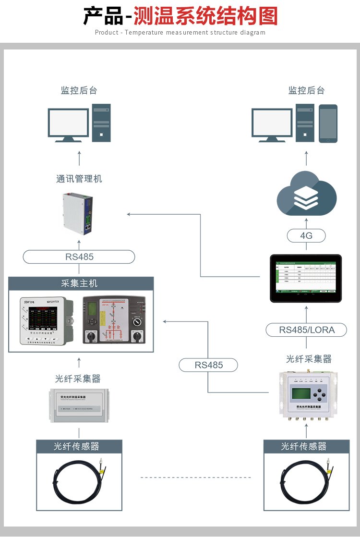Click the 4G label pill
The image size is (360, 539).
click(x=306, y=235)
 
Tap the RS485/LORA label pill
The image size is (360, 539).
click(x=307, y=330)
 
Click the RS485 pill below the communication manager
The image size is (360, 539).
click(x=79, y=257)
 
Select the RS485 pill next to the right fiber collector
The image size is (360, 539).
click(x=209, y=365)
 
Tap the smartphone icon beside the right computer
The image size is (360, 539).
click(x=328, y=123)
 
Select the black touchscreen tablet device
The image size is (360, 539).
click(x=306, y=279)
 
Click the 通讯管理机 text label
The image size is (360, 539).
click(x=79, y=179)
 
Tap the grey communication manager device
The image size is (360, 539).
click(x=79, y=213)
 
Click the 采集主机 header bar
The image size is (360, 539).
click(x=81, y=283)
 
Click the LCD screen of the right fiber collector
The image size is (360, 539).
click(x=298, y=393)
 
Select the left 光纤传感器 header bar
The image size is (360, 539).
click(x=79, y=447)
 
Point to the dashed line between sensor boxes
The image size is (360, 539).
click(x=195, y=478)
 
